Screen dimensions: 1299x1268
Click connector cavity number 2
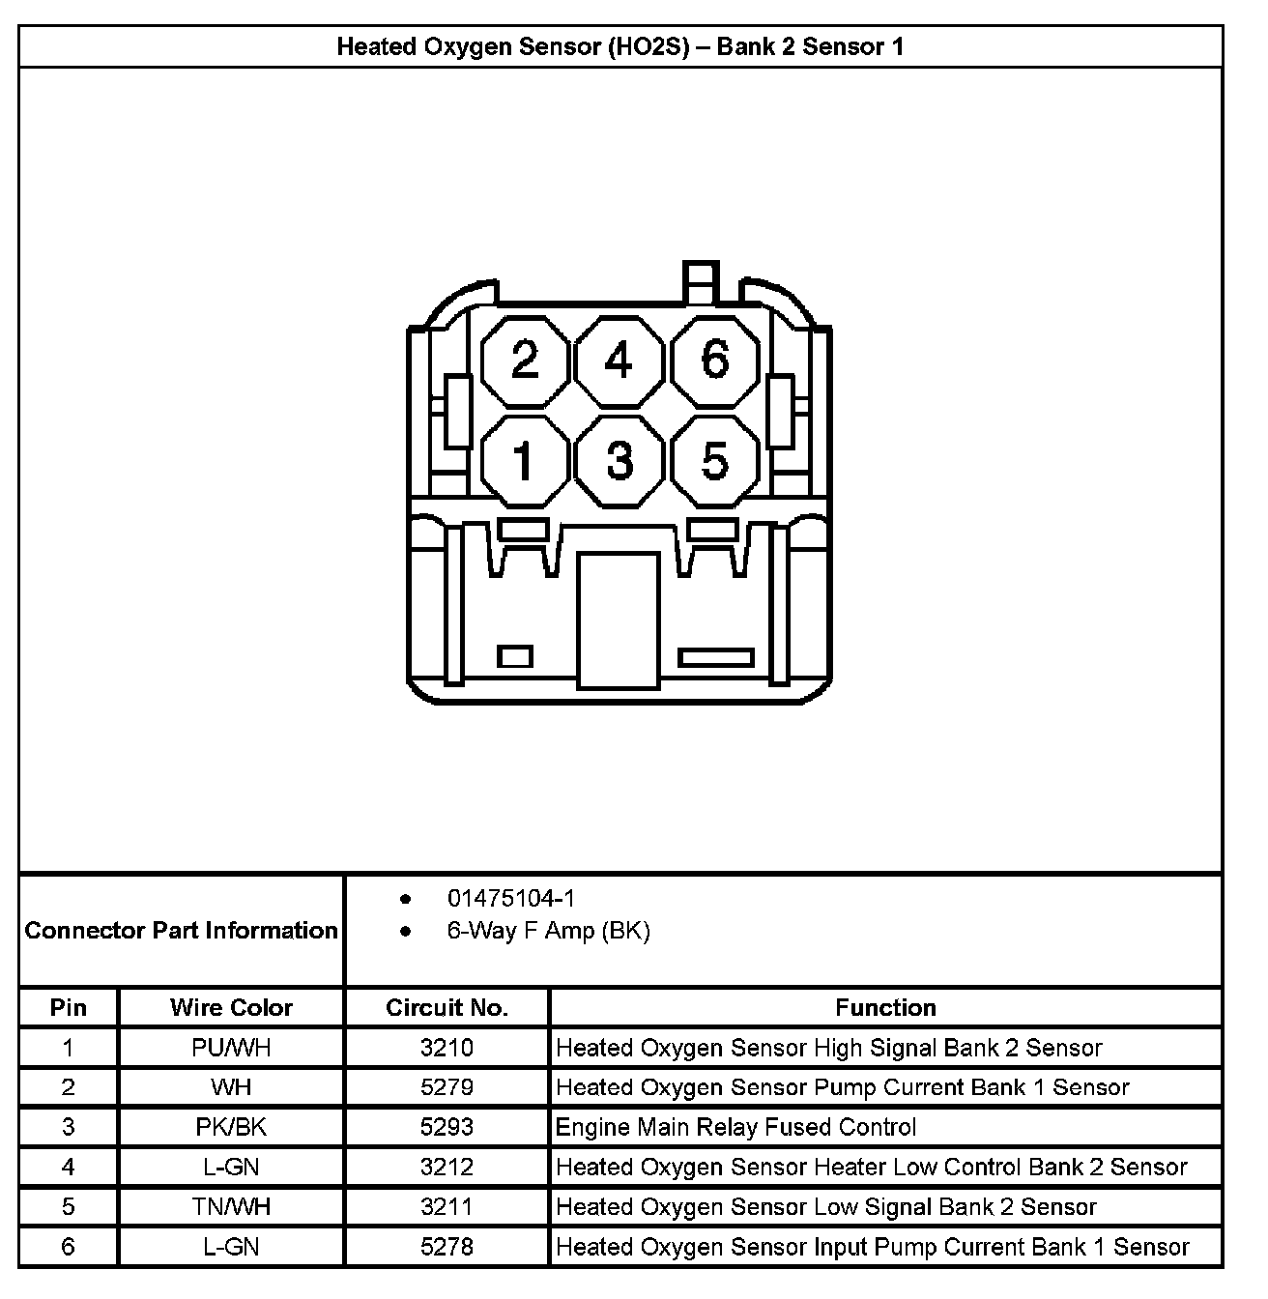525,361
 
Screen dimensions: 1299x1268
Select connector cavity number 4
619,361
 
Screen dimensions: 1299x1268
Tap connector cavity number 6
714,361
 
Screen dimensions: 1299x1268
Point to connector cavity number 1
525,460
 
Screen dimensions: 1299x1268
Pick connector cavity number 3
619,460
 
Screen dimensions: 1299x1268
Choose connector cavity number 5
714,460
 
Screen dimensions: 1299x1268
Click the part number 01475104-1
510,899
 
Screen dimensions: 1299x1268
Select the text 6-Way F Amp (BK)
548,931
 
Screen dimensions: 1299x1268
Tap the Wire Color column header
231,1007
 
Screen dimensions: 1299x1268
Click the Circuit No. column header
447,1007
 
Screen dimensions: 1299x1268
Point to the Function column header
885,1007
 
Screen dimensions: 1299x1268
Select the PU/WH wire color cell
231,1048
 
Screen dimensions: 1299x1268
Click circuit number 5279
447,1087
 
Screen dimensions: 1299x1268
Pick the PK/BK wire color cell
231,1127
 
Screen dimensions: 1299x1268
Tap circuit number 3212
447,1167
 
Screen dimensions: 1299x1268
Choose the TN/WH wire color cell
231,1206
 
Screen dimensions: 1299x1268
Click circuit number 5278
447,1247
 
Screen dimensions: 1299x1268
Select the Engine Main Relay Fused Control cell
735,1127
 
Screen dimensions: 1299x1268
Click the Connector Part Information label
182,930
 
